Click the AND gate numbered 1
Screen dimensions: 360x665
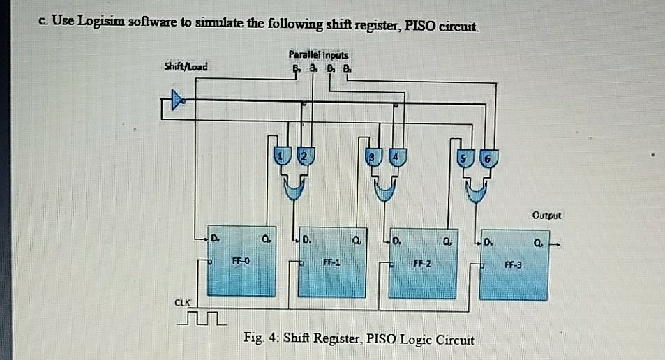point(281,158)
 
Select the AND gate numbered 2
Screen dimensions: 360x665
point(303,158)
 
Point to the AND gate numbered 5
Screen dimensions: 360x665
point(463,158)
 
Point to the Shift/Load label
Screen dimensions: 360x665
point(185,67)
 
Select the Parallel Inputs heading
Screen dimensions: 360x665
point(321,54)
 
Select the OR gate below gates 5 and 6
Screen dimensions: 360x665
point(477,188)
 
